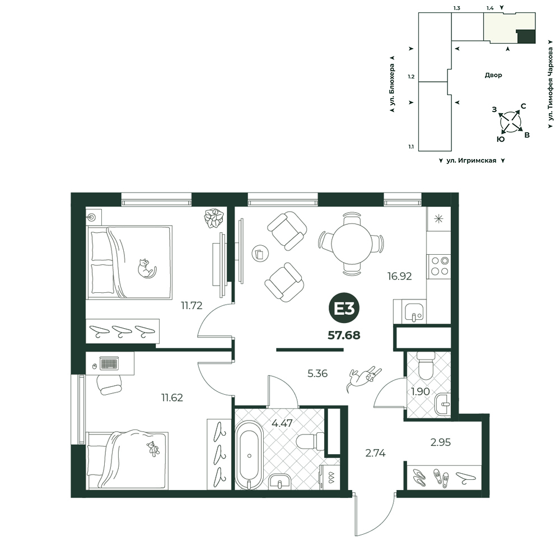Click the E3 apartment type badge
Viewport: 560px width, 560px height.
pos(344,309)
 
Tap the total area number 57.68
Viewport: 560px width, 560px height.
pos(344,335)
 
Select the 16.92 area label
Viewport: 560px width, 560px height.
pos(400,276)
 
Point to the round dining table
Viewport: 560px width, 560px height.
pos(352,244)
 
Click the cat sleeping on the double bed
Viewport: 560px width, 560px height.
pos(147,268)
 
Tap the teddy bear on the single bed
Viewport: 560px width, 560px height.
pos(153,449)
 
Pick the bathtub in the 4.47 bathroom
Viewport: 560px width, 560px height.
pos(249,455)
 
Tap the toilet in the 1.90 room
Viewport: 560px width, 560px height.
pos(426,365)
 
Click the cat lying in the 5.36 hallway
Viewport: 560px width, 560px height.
pos(363,379)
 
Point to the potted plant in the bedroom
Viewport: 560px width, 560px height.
pos(214,218)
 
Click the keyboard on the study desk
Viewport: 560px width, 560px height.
pos(109,363)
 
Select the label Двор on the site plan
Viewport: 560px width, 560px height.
pos(493,75)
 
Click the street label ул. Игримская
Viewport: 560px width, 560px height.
pos(471,161)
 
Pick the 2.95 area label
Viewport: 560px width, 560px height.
pos(440,442)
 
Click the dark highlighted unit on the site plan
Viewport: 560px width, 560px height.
pos(526,37)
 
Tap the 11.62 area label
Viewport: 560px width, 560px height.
pos(172,398)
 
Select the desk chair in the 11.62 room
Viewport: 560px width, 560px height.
pos(110,385)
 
